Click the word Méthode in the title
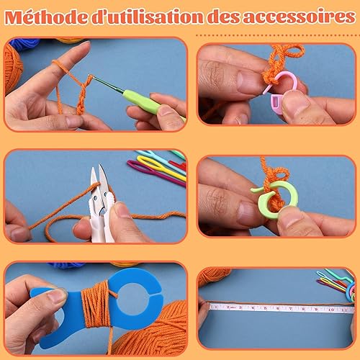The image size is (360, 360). (46, 17)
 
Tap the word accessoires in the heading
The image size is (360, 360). (300, 17)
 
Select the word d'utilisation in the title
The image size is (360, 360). (148, 17)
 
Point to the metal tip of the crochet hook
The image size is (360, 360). (106, 84)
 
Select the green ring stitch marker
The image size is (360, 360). (276, 199)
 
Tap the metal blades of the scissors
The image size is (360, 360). (99, 182)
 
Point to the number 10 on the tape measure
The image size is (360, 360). (331, 310)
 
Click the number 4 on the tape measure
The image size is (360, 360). (253, 307)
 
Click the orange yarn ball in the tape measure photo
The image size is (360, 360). (214, 276)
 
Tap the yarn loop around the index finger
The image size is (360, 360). (59, 64)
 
